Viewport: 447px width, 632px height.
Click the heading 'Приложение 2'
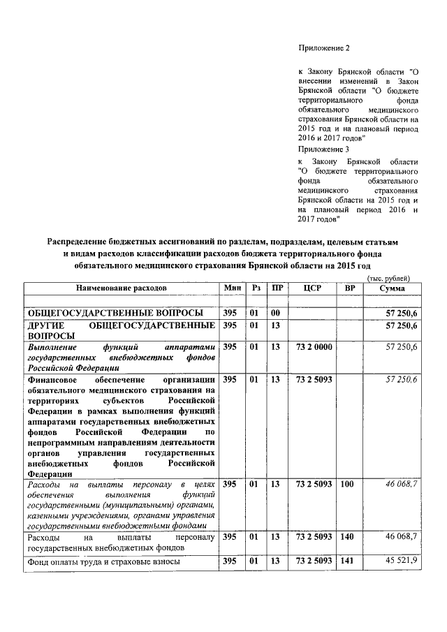[323, 48]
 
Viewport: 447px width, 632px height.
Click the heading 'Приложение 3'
[323, 149]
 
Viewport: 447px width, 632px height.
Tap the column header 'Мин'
[233, 288]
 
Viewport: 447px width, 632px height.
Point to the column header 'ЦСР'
[313, 288]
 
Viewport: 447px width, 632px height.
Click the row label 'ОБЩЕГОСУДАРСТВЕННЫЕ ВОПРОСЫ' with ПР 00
[115, 311]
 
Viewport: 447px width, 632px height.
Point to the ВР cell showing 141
[347, 561]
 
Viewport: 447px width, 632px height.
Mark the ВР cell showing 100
[347, 484]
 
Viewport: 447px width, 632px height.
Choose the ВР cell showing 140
[347, 536]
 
